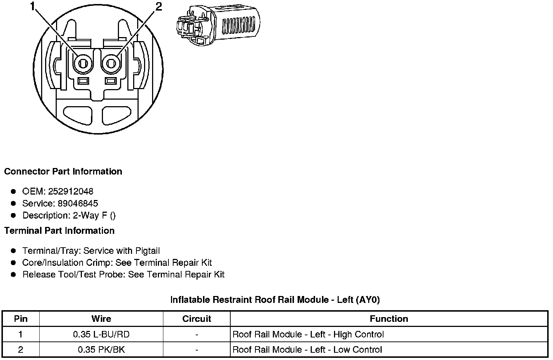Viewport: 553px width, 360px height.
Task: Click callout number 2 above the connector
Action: [159, 7]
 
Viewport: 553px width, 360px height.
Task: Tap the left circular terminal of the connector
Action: [83, 64]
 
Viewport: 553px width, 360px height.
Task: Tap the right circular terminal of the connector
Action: [111, 64]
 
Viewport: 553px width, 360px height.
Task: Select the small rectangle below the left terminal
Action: [83, 81]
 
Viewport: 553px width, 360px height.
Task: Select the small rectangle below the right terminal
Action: [111, 81]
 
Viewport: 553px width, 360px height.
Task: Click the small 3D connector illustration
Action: [218, 25]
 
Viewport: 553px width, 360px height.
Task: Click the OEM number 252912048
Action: [71, 191]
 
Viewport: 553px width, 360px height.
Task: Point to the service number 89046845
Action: [78, 203]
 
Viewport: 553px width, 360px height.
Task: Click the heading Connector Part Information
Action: [63, 172]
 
